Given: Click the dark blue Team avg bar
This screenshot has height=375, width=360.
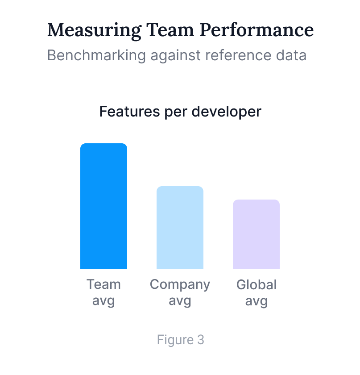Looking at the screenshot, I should click(x=103, y=206).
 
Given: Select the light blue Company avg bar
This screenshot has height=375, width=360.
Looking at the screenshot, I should click(x=180, y=228).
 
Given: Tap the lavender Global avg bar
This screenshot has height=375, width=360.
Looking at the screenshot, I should click(x=256, y=234).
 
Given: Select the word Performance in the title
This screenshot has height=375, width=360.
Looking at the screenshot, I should click(x=257, y=30).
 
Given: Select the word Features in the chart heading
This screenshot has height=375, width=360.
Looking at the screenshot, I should click(x=126, y=111).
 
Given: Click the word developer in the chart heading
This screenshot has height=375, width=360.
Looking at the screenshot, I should click(x=226, y=112).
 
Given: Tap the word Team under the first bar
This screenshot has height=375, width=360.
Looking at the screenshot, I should click(x=103, y=284).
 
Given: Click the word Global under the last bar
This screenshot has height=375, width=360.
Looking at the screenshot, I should click(x=257, y=284).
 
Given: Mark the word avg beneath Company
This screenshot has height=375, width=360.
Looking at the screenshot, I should click(x=180, y=301).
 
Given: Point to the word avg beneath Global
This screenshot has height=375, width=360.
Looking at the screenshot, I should click(x=257, y=301).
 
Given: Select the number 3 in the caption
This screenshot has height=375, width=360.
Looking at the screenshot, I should click(x=201, y=340).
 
